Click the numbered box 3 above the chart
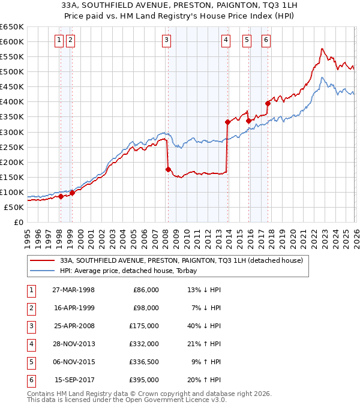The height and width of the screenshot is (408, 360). click(x=166, y=40)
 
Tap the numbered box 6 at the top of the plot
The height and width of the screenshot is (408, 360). click(x=265, y=40)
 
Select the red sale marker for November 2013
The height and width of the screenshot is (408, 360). click(x=227, y=122)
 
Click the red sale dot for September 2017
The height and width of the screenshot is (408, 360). click(x=268, y=103)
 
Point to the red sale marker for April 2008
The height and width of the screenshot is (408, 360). click(x=168, y=169)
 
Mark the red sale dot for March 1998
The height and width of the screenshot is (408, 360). click(x=61, y=196)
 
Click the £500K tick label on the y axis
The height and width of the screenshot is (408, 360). click(x=12, y=72)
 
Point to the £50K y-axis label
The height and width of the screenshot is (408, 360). click(x=14, y=207)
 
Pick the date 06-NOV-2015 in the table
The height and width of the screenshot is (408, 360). click(x=73, y=362)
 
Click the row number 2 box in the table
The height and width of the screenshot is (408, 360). click(x=31, y=307)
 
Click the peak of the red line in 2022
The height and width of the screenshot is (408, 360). click(x=322, y=49)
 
